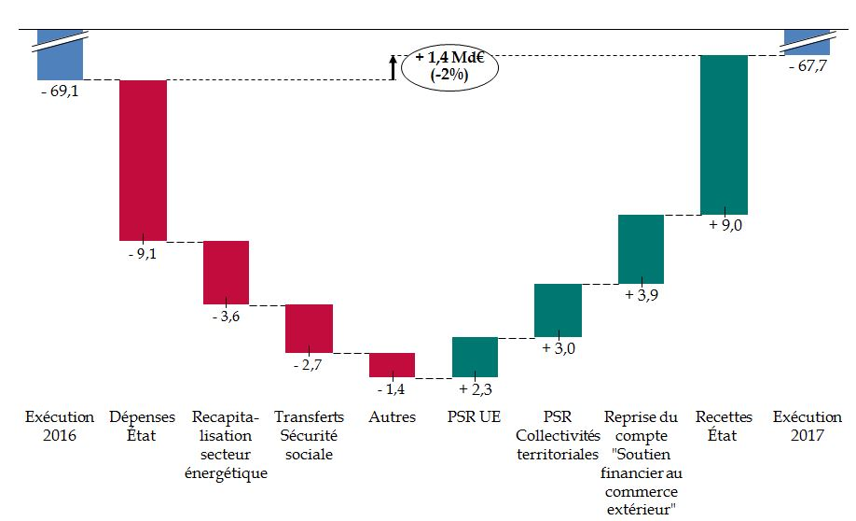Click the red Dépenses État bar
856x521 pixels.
click(x=143, y=160)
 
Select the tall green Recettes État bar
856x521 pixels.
click(x=724, y=134)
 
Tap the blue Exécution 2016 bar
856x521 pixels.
click(x=61, y=60)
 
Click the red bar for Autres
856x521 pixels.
click(x=392, y=364)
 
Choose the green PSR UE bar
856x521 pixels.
click(x=475, y=357)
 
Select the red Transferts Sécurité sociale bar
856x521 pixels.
click(x=309, y=328)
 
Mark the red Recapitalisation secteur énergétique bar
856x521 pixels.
click(x=226, y=272)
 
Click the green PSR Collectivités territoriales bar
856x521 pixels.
click(x=558, y=310)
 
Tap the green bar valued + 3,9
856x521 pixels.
click(x=641, y=248)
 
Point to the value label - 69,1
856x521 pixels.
click(x=60, y=94)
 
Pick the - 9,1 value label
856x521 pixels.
click(x=142, y=253)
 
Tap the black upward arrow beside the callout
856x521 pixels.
click(x=393, y=67)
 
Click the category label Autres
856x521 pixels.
click(x=392, y=417)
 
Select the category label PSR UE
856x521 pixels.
click(x=475, y=417)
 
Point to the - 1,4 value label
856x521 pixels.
click(x=392, y=387)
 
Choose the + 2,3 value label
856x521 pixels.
click(x=476, y=387)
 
